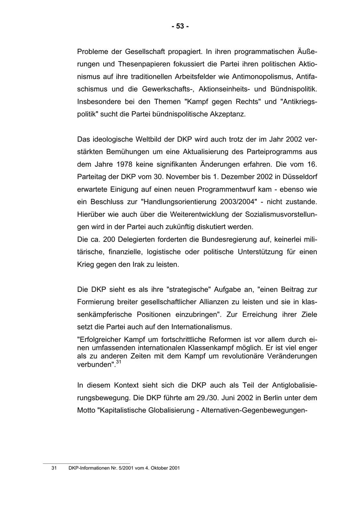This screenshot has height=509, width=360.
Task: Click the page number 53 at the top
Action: [180, 26]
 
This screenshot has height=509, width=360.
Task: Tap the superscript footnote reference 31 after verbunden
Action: [119, 363]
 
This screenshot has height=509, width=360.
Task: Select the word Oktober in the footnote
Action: [160, 468]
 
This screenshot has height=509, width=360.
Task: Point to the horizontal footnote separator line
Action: [86, 463]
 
